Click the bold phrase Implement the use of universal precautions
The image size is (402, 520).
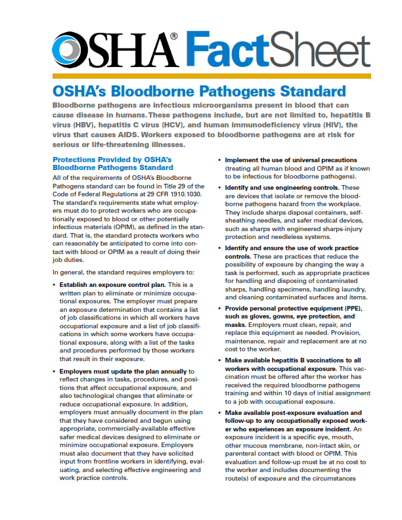click(x=291, y=160)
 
